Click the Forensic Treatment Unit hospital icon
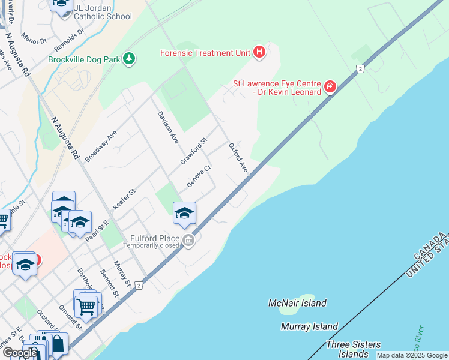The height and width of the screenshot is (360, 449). pos(259,53)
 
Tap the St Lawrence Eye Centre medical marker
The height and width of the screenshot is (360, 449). pos(329,88)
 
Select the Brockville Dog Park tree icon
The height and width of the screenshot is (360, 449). pos(128,59)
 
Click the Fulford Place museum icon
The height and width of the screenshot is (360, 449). pos(188,241)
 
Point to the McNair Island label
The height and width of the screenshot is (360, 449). pos(297,303)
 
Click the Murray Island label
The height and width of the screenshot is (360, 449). pos(309,327)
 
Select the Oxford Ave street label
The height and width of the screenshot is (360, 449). pos(238,158)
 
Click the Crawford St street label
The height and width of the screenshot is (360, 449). pos(194,151)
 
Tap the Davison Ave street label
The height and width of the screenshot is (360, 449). pos(168,127)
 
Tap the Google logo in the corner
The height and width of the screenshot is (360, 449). pos(20,353)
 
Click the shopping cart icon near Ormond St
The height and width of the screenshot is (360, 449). pos(86,307)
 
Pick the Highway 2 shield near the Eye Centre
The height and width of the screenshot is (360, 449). pos(360,69)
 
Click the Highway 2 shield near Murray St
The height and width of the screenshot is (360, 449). pos(139,285)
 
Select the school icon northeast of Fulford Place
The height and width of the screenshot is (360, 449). pos(184,212)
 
